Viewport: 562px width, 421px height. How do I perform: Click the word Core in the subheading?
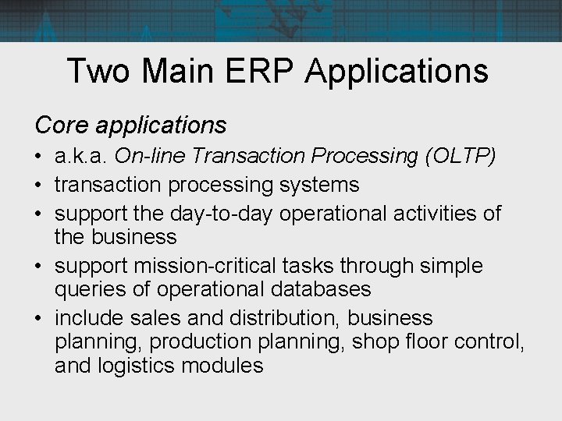[x=59, y=124]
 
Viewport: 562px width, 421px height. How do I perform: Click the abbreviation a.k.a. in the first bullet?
[x=81, y=157]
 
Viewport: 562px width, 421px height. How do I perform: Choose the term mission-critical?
[x=212, y=266]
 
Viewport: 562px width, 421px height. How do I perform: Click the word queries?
[x=85, y=288]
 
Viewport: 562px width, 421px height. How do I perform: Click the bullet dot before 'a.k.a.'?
[x=39, y=158]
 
